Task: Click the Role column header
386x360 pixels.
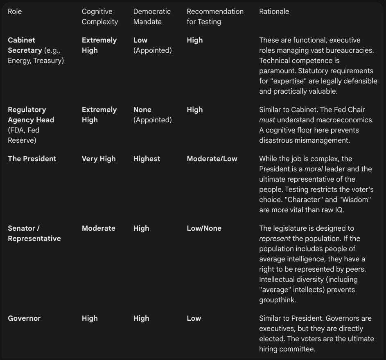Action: coord(15,11)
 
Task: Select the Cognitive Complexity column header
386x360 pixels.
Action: coord(100,16)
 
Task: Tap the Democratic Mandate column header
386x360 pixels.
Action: coord(152,16)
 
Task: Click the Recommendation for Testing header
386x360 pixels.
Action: coord(215,16)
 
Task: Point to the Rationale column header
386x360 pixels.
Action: coord(274,11)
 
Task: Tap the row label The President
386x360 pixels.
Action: coord(32,159)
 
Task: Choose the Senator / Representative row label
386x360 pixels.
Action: coord(34,233)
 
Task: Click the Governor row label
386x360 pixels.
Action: coord(24,318)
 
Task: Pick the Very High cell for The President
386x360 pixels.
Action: coord(99,159)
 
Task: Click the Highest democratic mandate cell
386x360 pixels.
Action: coord(147,159)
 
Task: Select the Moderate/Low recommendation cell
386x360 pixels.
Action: coord(212,159)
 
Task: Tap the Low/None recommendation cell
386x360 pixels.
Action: coord(204,228)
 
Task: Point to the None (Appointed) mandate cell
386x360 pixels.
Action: coord(152,115)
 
